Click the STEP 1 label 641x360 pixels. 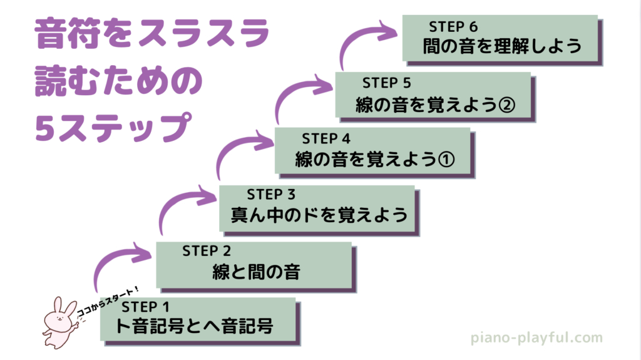(x=146, y=307)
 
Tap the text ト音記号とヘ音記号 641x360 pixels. (x=195, y=326)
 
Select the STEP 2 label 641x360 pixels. (x=207, y=251)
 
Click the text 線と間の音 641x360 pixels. (x=255, y=272)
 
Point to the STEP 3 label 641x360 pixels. (x=272, y=194)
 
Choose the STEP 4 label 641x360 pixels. (x=327, y=138)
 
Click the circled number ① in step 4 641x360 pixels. (x=445, y=160)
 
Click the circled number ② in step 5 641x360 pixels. (x=506, y=104)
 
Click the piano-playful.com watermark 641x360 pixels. (x=536, y=339)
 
